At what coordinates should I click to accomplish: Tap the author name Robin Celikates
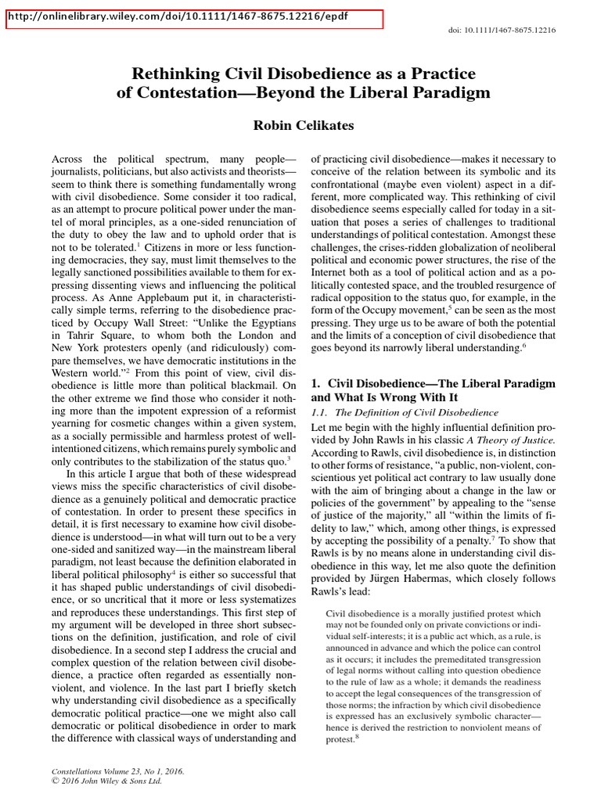(x=303, y=126)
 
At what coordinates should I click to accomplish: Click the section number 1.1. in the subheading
(x=324, y=412)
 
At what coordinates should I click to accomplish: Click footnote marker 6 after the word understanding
(x=524, y=343)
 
